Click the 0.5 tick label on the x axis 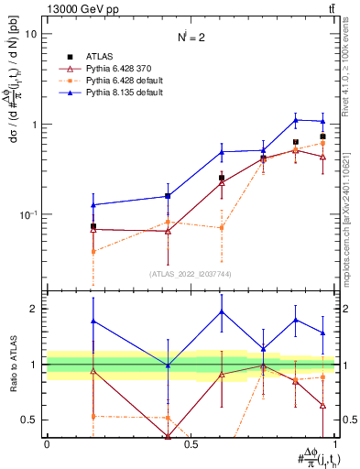191,444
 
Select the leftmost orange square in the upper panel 93,251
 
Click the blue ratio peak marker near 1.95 222,311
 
